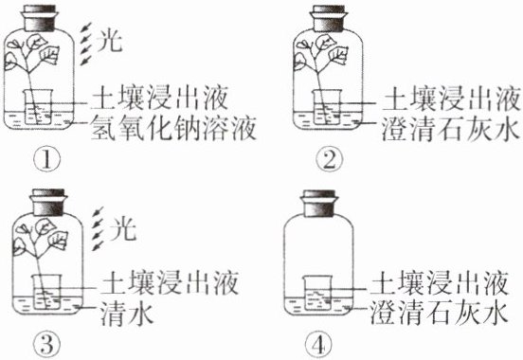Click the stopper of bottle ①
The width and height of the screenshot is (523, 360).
(x=40, y=18)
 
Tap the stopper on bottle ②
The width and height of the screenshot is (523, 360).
(x=329, y=18)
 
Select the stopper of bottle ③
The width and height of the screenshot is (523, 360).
(x=48, y=203)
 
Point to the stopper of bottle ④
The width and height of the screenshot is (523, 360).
(x=319, y=204)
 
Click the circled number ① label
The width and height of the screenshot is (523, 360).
(x=47, y=160)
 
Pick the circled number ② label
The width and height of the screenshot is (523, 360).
(x=329, y=160)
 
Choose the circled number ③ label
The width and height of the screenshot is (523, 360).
(x=47, y=345)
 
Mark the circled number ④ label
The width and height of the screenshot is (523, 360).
(x=319, y=345)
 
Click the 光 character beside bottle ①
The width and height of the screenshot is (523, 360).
(x=109, y=41)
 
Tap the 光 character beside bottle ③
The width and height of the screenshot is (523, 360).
(x=123, y=228)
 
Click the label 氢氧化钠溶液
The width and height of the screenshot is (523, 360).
(x=173, y=128)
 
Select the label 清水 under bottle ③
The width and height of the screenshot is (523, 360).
(x=127, y=314)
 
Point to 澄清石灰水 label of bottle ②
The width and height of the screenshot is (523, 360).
(x=451, y=129)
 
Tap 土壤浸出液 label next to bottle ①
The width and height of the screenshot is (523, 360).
(x=159, y=99)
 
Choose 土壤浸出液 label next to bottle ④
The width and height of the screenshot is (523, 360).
(x=440, y=283)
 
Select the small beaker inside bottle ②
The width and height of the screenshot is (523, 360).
(x=327, y=107)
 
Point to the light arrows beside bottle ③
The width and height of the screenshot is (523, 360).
(x=99, y=228)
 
